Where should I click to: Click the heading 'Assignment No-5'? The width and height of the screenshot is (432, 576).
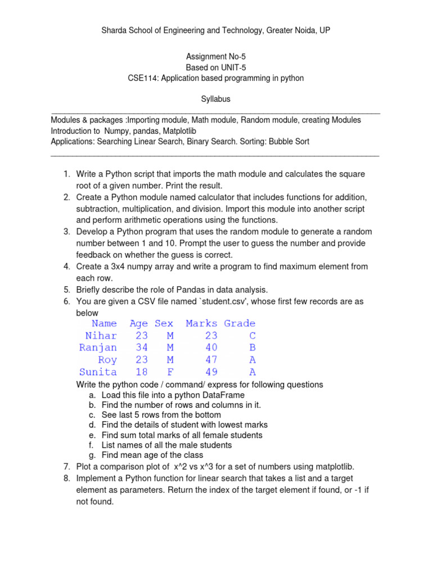[x=216, y=57]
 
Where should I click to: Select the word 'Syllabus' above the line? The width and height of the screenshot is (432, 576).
[x=216, y=99]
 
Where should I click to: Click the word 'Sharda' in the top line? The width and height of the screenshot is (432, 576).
[x=112, y=30]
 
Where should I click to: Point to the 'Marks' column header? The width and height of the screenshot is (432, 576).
[x=201, y=323]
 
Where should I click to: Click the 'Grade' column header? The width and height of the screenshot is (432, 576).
[x=240, y=323]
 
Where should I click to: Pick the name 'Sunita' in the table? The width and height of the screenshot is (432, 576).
[x=98, y=372]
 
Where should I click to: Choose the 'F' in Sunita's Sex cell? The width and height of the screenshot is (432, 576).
[x=170, y=372]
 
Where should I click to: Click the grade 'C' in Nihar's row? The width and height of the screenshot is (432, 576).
[x=253, y=336]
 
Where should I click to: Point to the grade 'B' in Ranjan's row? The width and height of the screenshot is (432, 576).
[x=253, y=348]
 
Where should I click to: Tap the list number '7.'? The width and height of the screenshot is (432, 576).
[x=66, y=466]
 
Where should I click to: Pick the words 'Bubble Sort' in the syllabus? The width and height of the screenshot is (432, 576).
[x=289, y=142]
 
